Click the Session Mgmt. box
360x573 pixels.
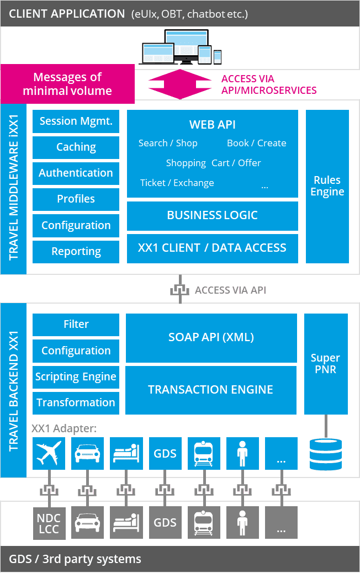[x=76, y=121]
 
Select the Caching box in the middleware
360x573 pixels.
[x=76, y=147]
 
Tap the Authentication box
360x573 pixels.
[x=76, y=173]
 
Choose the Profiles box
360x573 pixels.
[x=76, y=199]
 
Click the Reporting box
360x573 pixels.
[x=76, y=252]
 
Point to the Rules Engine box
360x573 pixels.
[x=327, y=186]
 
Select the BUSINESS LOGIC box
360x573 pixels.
[x=212, y=215]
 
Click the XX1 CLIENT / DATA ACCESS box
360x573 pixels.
[x=212, y=248]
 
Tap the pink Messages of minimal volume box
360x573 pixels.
[x=67, y=84]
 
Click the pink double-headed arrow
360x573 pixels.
[x=180, y=84]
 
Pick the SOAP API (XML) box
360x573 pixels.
[x=211, y=337]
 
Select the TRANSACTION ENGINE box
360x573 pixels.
[x=210, y=390]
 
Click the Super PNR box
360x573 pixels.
[x=325, y=364]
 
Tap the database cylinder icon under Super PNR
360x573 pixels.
[x=325, y=454]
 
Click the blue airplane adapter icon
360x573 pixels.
[x=49, y=454]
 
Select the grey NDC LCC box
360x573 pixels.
[x=49, y=522]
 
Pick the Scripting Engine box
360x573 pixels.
[x=76, y=377]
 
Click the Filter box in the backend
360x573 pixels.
[x=76, y=325]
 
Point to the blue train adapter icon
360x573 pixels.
[x=204, y=454]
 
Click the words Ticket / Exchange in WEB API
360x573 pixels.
[x=177, y=183]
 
